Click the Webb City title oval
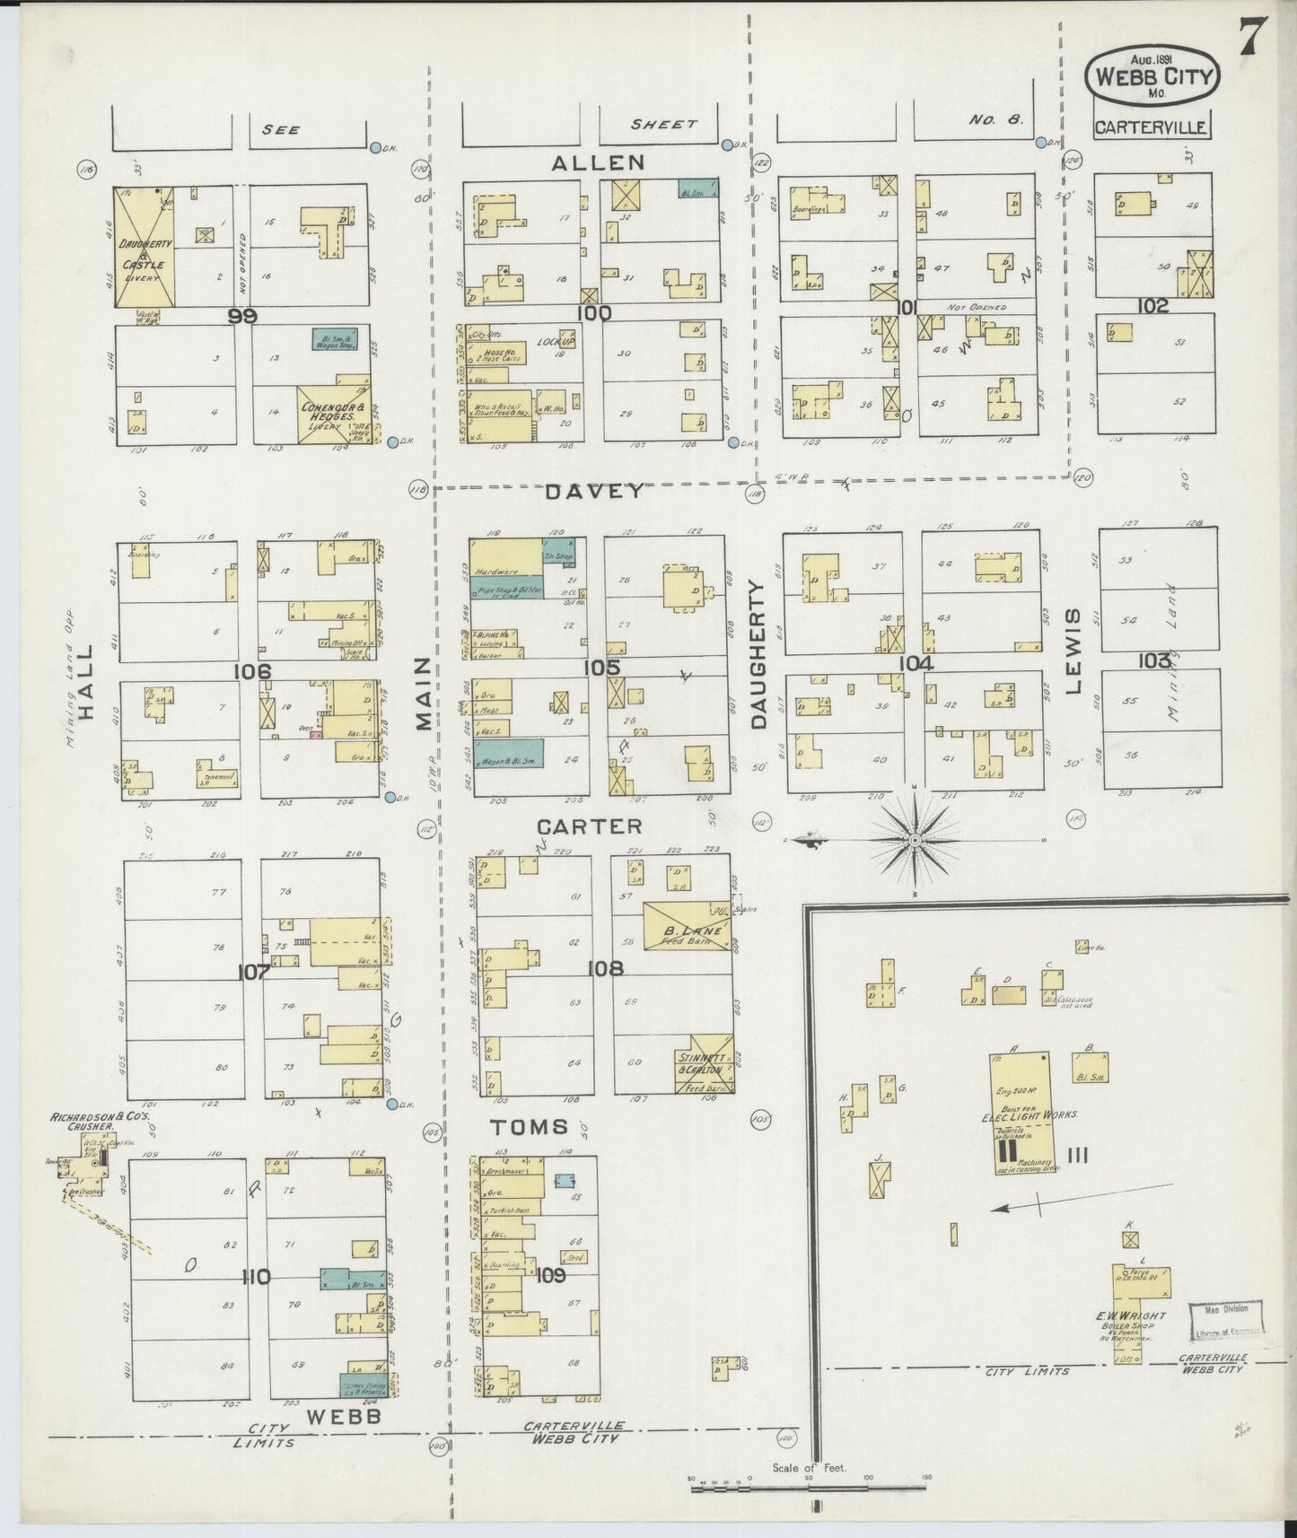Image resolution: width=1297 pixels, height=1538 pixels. pyautogui.click(x=1152, y=74)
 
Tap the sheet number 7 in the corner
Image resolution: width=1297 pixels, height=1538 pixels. pyautogui.click(x=1254, y=37)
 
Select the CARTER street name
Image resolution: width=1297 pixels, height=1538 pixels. pyautogui.click(x=590, y=826)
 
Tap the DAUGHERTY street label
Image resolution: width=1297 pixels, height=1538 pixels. pyautogui.click(x=759, y=653)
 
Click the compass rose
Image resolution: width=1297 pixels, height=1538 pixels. pyautogui.click(x=913, y=840)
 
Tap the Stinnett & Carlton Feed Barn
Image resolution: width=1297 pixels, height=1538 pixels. pyautogui.click(x=704, y=1064)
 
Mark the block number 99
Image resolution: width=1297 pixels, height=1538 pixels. pyautogui.click(x=242, y=316)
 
